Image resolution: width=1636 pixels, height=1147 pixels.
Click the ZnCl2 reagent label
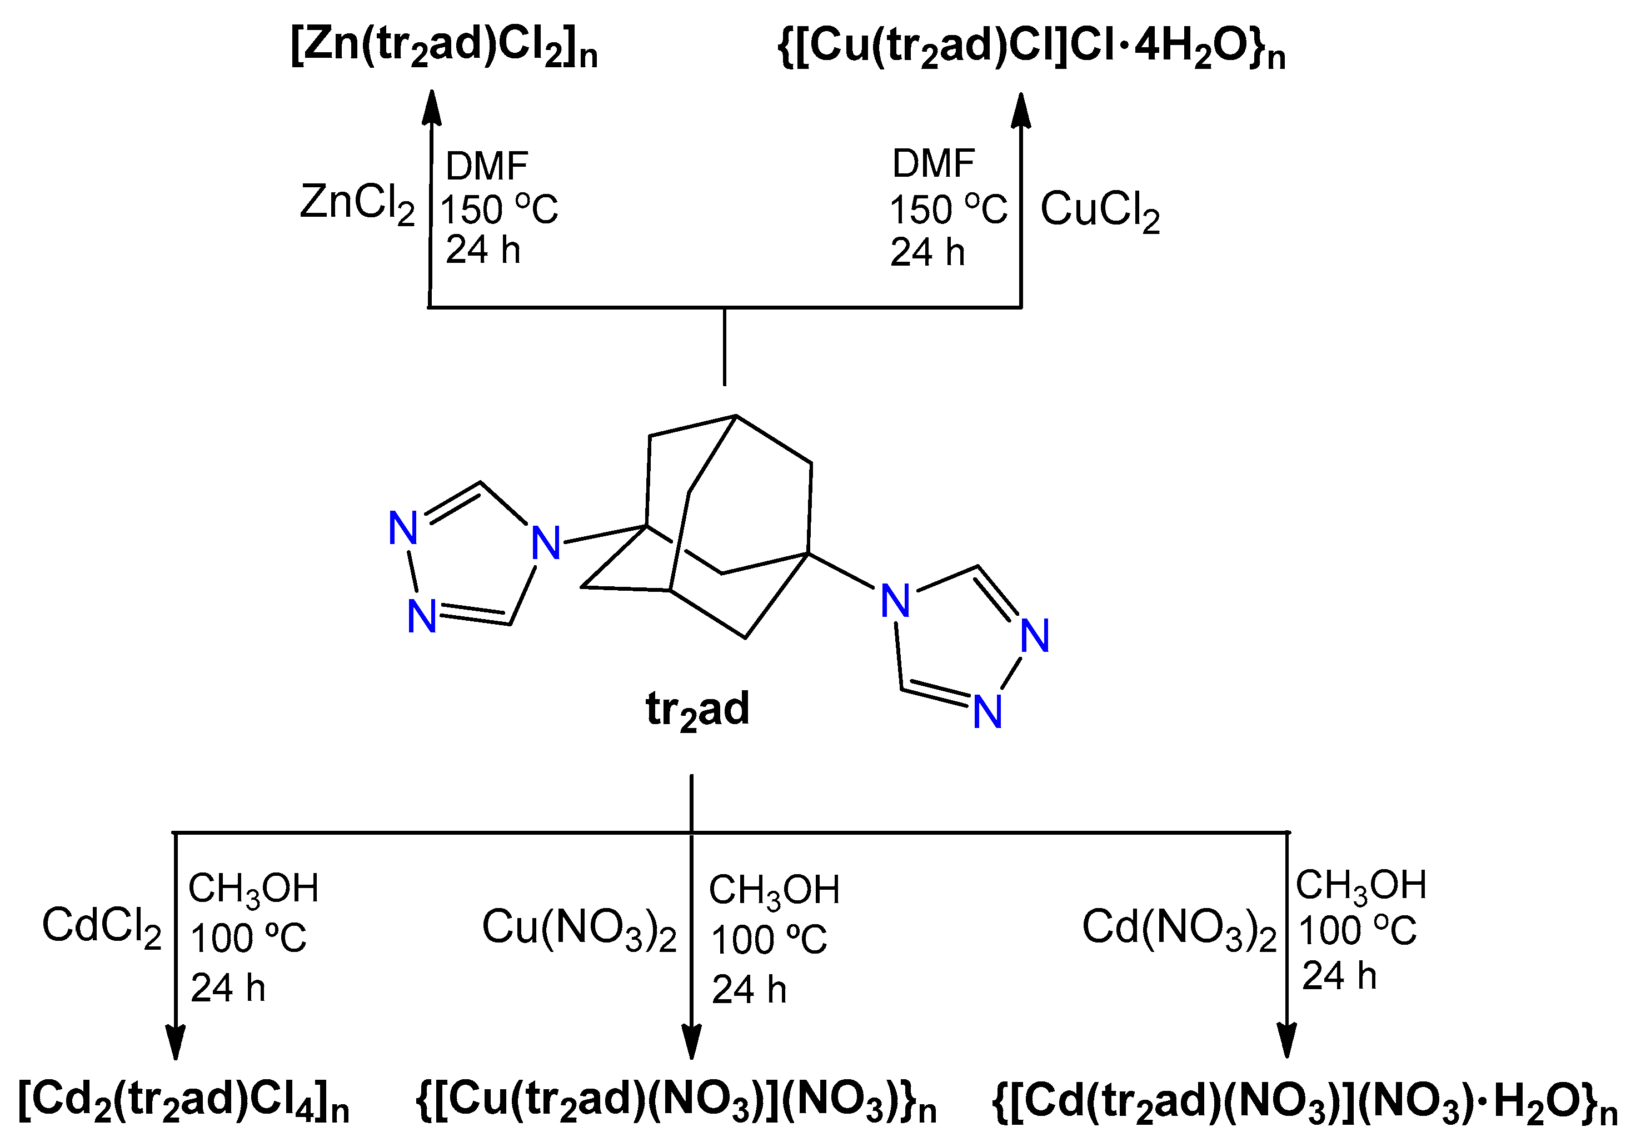coord(356,205)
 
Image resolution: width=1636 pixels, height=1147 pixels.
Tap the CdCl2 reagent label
coord(102,927)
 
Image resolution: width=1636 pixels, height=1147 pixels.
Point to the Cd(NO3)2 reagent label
coord(1179,929)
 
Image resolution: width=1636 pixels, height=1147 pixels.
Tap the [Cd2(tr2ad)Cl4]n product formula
coord(183,1101)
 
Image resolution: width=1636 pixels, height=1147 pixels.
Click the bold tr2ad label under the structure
coord(697,710)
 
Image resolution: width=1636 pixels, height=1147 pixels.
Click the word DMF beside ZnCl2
coord(487,167)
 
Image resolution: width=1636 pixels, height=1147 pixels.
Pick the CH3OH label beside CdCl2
coord(253,889)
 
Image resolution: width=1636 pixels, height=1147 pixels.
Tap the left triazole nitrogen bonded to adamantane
coord(546,543)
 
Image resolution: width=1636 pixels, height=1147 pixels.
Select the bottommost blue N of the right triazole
coord(987,712)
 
